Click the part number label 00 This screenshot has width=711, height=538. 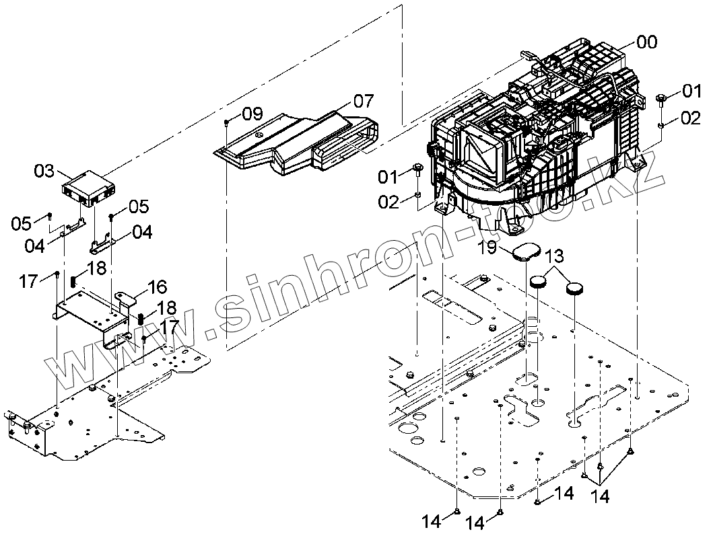tap(646, 42)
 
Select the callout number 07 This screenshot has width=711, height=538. tap(363, 102)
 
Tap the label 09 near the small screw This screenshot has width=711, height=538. tap(252, 114)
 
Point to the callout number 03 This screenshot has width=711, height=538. tap(44, 171)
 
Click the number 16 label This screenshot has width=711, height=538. tap(157, 287)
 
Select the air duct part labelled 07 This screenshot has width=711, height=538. tap(296, 145)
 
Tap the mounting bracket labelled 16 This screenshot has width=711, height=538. tap(94, 313)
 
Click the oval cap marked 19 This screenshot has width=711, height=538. tap(527, 253)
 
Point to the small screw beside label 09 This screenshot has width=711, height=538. tap(228, 122)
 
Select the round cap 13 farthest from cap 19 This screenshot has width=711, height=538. tap(574, 289)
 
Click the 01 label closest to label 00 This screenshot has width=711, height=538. tap(691, 89)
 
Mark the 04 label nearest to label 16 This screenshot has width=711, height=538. tap(142, 233)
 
